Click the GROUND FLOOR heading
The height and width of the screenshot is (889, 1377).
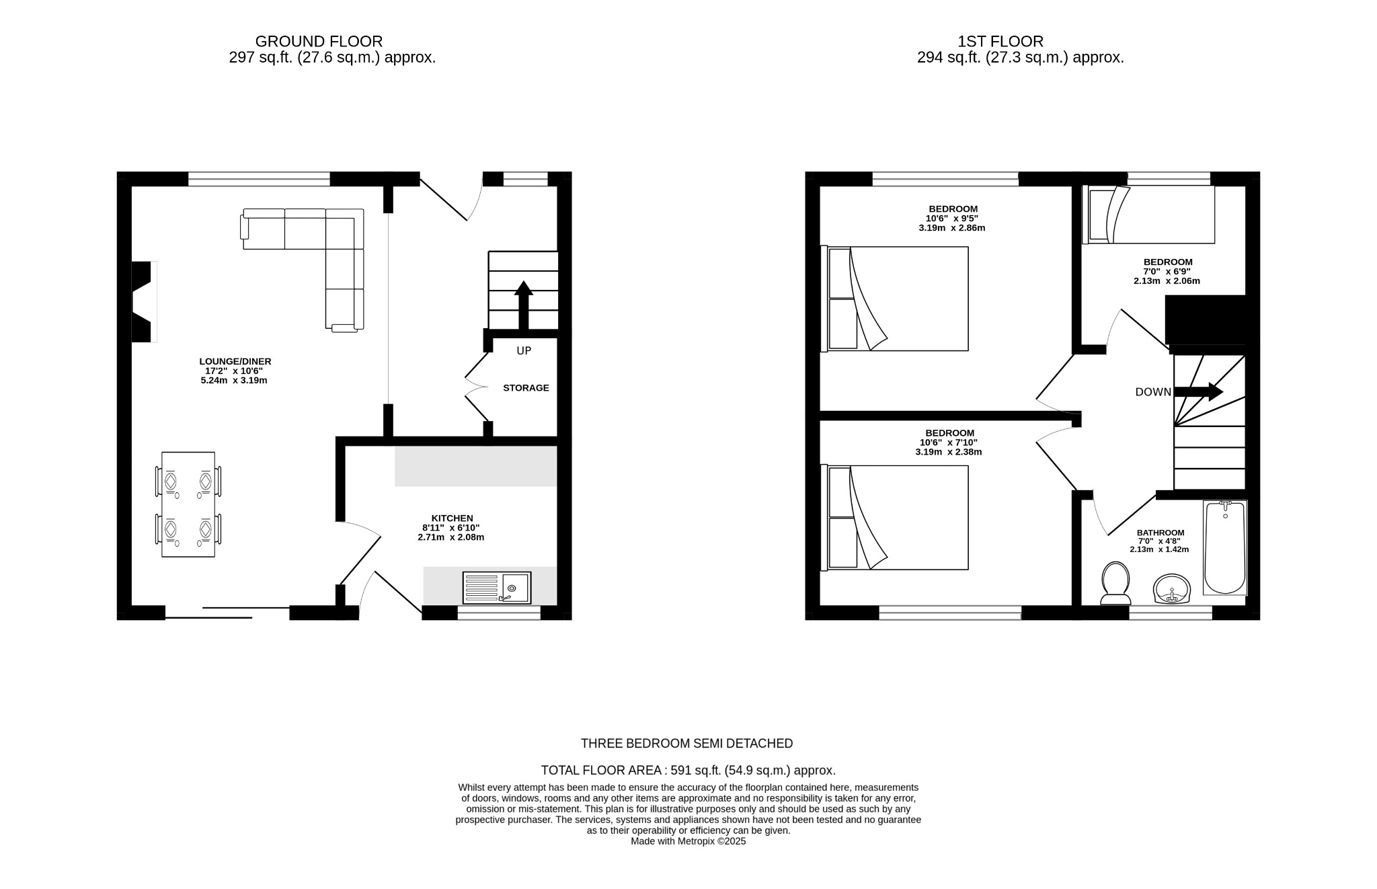(319, 42)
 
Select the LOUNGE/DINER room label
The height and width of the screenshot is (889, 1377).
(235, 362)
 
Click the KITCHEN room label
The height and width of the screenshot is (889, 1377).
(452, 518)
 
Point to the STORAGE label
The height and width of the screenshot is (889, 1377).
(526, 388)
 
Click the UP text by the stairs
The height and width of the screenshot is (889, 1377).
(524, 351)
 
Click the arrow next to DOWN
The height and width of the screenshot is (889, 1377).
(1199, 392)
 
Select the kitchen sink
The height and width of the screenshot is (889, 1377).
(497, 588)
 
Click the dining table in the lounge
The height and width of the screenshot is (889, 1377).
(188, 504)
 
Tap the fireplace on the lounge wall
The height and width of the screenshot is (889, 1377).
(143, 302)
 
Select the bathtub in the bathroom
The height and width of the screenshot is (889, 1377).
(1225, 548)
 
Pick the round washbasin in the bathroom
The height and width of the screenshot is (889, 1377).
(1172, 590)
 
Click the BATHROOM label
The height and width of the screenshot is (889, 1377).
(1160, 533)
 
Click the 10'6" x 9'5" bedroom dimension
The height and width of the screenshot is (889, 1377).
(952, 219)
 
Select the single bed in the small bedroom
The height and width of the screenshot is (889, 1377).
(1148, 215)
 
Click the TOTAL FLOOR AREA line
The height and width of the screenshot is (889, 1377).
(688, 771)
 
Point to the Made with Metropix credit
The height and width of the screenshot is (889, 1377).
(688, 841)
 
